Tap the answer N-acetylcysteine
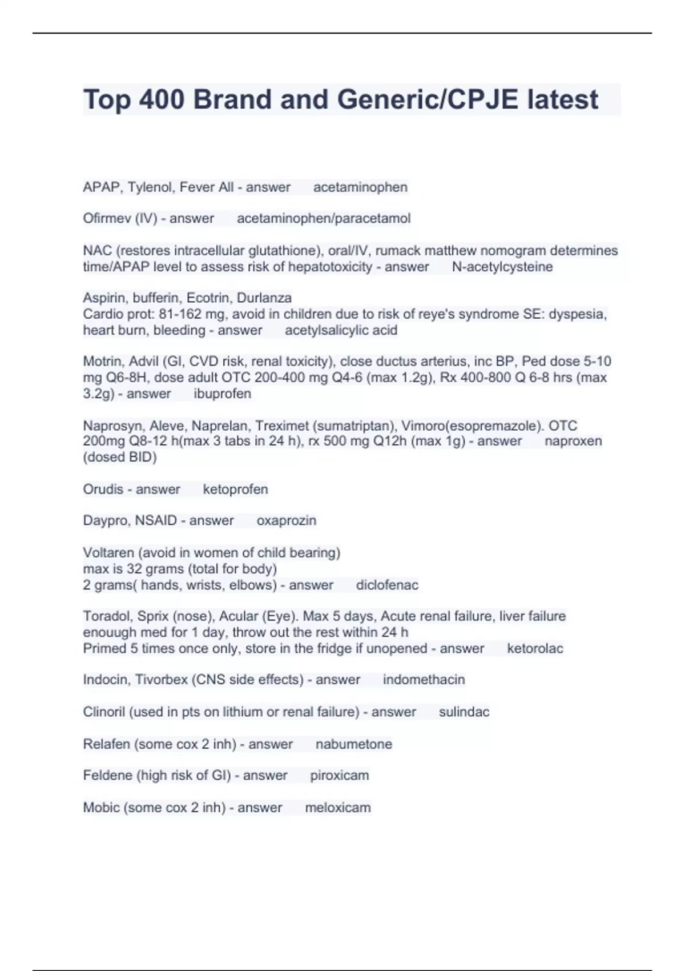click(502, 267)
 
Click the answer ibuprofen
click(223, 394)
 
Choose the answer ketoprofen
click(235, 489)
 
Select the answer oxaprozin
click(287, 520)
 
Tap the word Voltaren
click(107, 552)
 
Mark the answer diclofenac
click(387, 585)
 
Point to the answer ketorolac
click(535, 648)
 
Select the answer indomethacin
click(424, 679)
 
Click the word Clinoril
click(104, 712)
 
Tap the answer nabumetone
click(354, 744)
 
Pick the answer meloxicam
click(338, 807)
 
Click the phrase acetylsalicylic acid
click(341, 330)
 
